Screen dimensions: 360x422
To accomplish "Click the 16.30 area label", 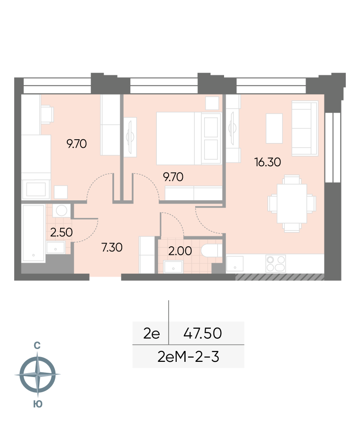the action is pos(267,162).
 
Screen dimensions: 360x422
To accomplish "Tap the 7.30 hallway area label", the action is pos(112,247).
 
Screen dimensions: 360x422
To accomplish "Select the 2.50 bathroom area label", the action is pos(62,233).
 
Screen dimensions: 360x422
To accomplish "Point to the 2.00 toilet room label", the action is pos(180,251).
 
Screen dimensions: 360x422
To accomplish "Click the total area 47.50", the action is pos(202,333).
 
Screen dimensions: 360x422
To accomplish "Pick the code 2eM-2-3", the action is pos(188,357).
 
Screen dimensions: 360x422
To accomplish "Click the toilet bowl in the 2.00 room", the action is pos(212,250).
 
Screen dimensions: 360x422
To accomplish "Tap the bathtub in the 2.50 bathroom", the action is pos(33,233).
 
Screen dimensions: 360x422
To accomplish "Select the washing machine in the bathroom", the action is pos(62,210).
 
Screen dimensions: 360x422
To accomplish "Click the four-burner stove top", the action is pos(276,263).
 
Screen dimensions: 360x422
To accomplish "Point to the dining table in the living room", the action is pos(292,204).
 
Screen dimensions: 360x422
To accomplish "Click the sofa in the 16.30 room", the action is pos(305,128).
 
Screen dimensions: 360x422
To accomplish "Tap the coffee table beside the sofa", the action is pos(274,128).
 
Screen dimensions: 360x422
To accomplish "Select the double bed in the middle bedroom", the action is pos(189,138).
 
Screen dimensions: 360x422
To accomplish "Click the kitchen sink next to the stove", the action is pos(235,263).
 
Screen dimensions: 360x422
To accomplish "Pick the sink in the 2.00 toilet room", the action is pos(173,267).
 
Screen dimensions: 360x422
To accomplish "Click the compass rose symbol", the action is pos(37,374).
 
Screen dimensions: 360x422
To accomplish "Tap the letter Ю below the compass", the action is pos(38,404).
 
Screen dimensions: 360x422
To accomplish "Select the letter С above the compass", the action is pos(37,345).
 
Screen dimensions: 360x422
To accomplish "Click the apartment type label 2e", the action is pos(151,333).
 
